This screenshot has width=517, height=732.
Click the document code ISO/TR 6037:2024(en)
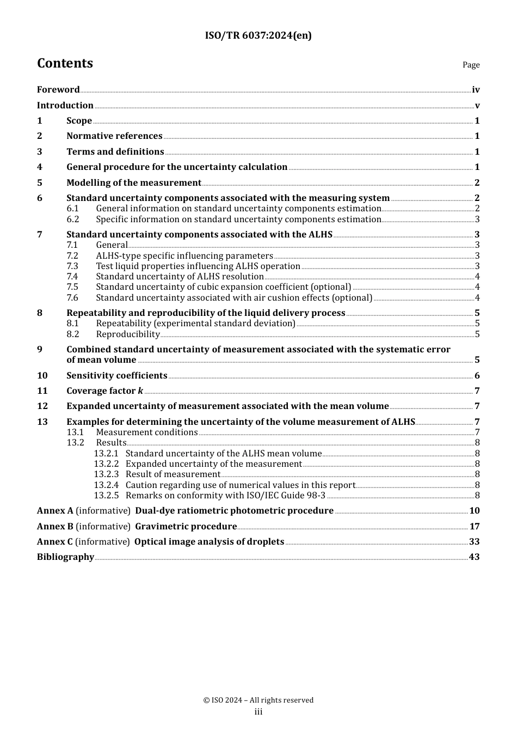tap(258, 35)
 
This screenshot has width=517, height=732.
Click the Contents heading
tap(65, 63)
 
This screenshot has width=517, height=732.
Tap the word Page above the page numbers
tap(471, 65)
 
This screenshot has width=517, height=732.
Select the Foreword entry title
tap(58, 90)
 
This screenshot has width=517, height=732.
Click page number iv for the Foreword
tap(476, 90)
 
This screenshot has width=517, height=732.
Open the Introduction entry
tap(65, 106)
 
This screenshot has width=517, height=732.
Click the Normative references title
tap(114, 136)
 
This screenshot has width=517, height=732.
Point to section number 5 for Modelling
tap(40, 183)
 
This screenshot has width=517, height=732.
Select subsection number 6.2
tap(73, 219)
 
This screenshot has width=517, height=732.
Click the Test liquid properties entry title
tap(198, 266)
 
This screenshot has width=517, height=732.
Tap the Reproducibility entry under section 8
tap(128, 334)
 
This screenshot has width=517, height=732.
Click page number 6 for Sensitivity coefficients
tap(477, 376)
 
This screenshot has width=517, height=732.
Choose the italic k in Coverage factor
tap(140, 391)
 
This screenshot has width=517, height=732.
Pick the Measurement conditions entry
tap(147, 432)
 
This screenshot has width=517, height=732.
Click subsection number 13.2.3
tap(106, 474)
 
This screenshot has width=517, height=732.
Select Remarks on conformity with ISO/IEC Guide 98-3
tap(225, 496)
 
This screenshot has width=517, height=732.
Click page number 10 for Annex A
tap(475, 511)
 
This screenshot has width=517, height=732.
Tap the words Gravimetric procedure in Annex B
tap(186, 527)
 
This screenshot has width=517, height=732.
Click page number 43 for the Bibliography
tap(475, 557)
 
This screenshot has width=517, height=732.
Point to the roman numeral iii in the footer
tap(258, 712)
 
